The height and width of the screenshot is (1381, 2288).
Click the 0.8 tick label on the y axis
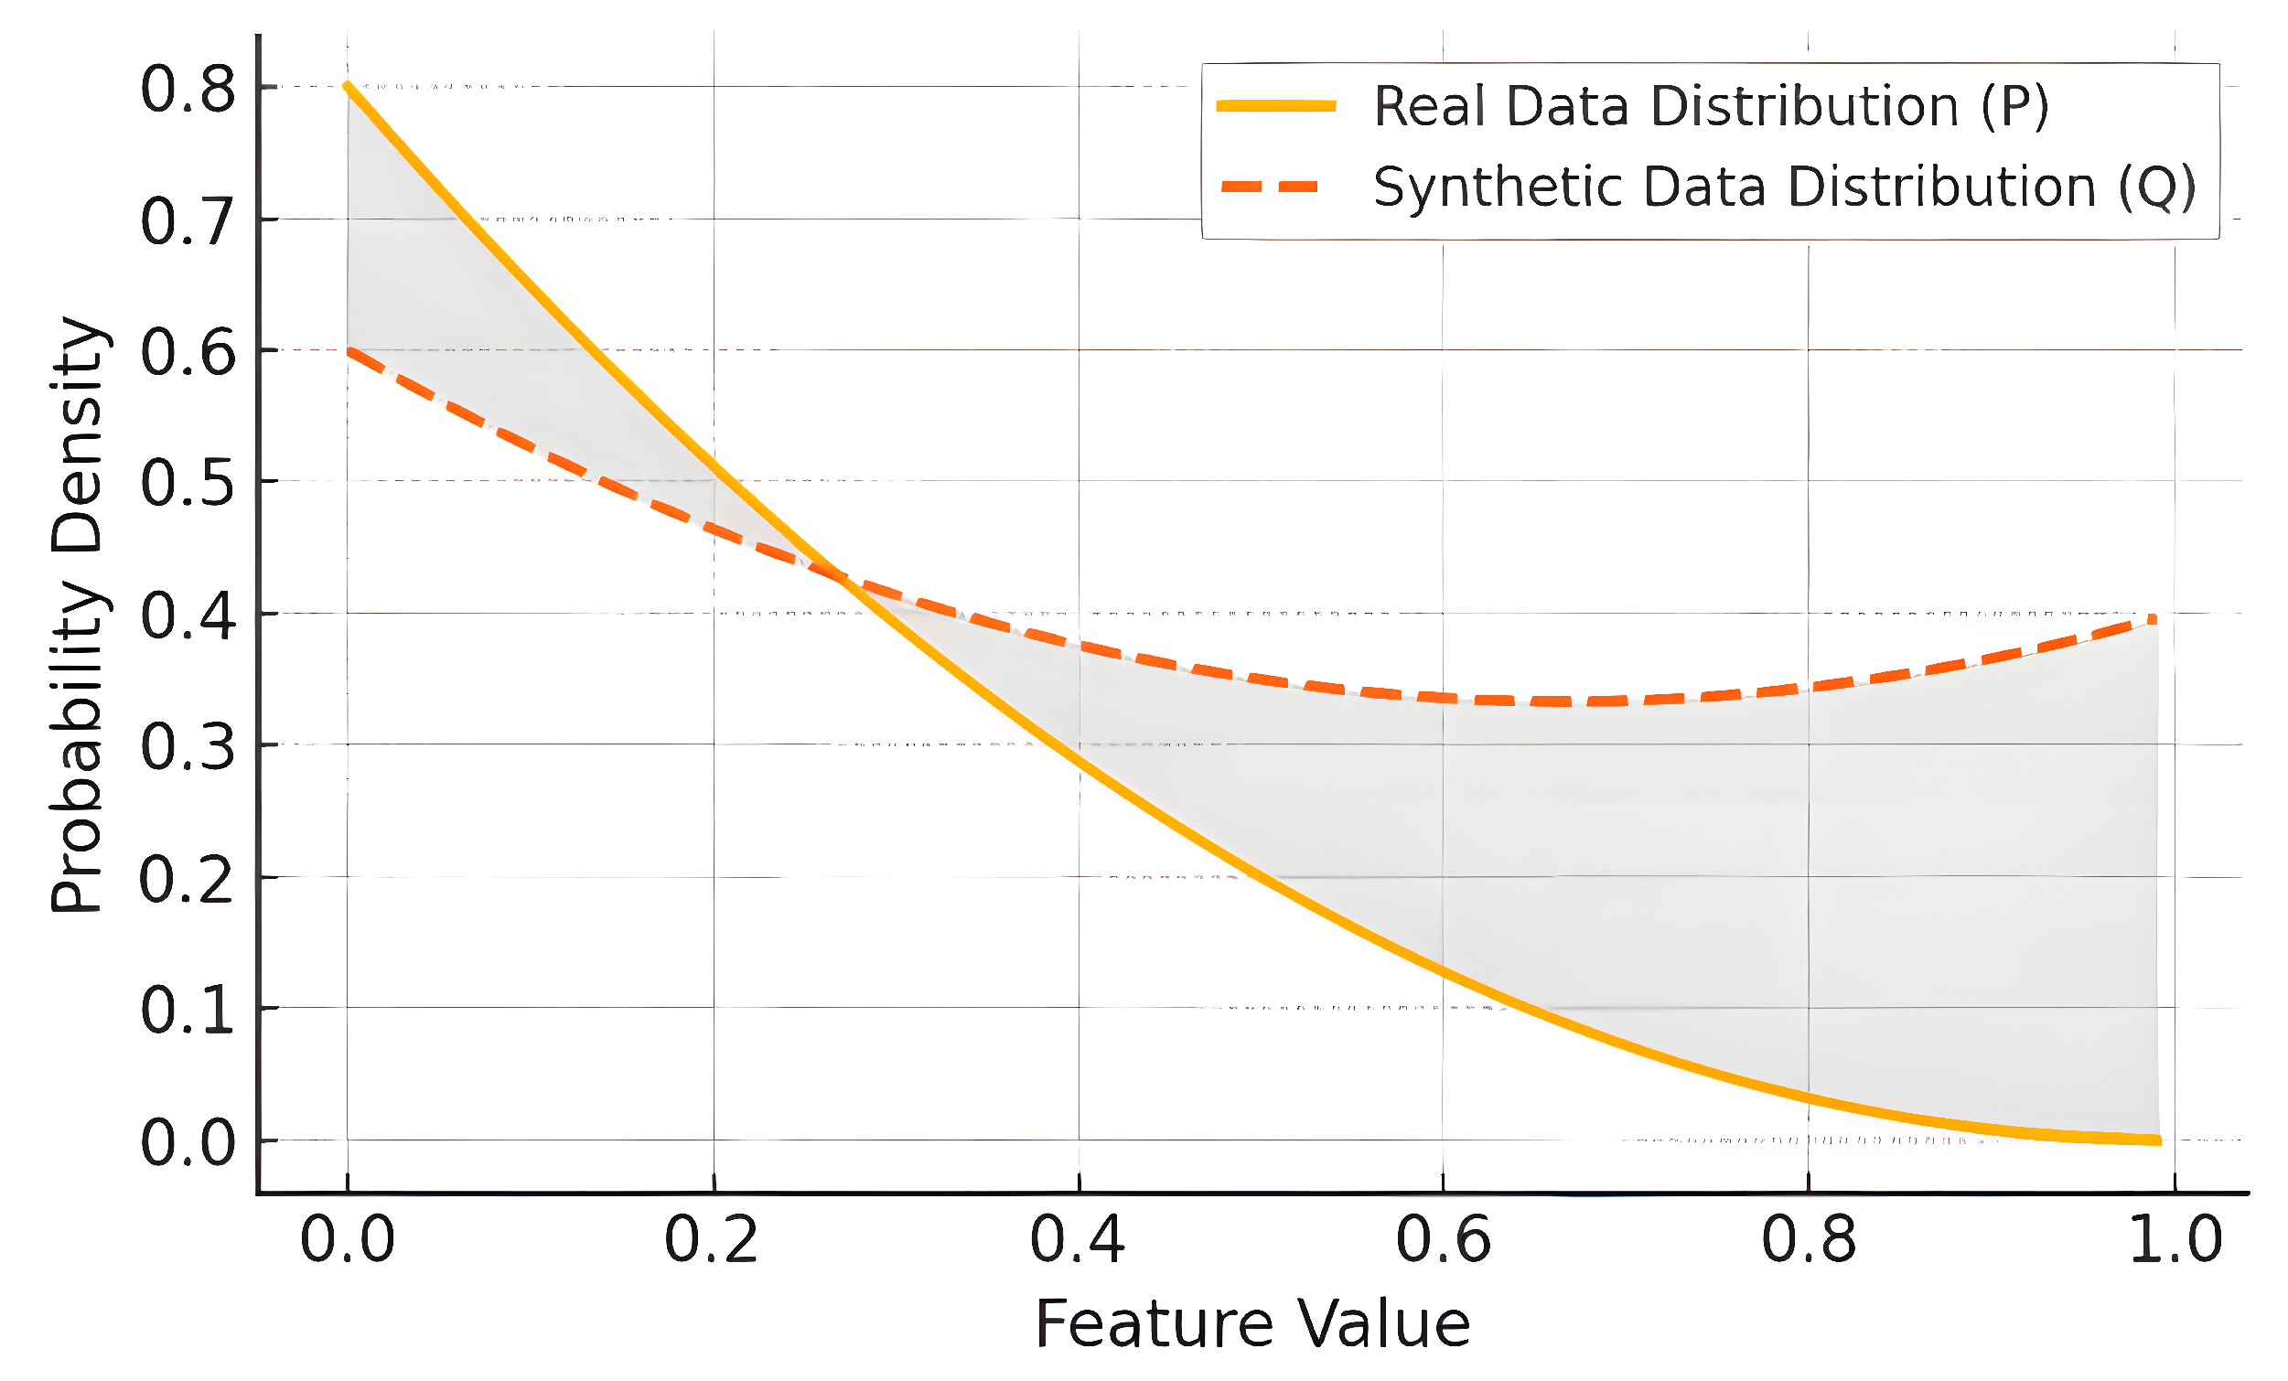click(188, 90)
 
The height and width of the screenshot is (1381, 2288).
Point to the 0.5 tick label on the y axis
click(188, 484)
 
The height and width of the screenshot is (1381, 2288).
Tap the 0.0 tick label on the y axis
click(188, 1142)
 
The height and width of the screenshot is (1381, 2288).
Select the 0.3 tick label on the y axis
click(188, 747)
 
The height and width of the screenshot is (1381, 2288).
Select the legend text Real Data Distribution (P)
click(1711, 106)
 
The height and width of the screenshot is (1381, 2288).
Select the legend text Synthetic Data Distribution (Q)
click(1784, 187)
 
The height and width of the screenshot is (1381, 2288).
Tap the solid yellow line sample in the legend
click(1276, 106)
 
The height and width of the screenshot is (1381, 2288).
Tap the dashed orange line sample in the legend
click(1270, 187)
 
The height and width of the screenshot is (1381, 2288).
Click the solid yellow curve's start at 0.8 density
click(348, 85)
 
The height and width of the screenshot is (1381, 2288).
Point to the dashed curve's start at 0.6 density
click(349, 351)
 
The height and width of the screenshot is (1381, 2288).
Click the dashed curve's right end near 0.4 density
click(2152, 620)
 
